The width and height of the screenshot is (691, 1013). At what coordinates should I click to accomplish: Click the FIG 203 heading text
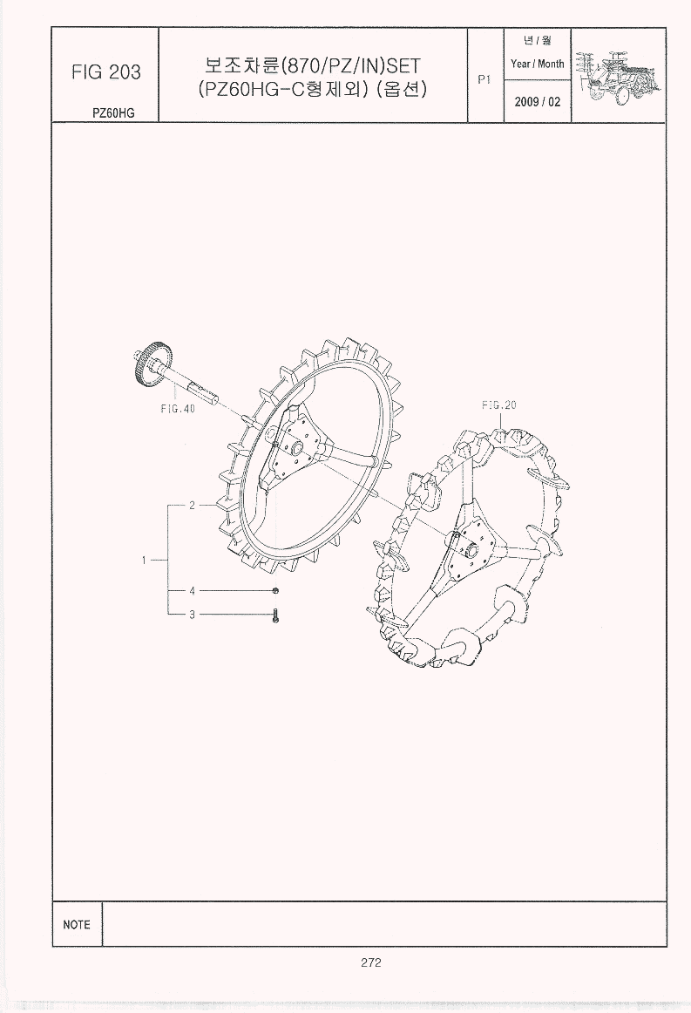click(106, 71)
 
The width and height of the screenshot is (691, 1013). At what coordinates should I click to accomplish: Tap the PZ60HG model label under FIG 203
click(113, 112)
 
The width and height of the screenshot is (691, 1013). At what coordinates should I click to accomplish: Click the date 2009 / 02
click(538, 102)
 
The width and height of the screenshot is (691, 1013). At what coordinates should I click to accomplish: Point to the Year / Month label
click(538, 64)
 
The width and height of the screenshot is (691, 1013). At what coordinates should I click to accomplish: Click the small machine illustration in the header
click(618, 75)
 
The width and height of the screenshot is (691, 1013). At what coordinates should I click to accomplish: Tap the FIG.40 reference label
click(178, 408)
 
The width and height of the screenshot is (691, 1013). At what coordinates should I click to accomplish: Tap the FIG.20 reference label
click(499, 405)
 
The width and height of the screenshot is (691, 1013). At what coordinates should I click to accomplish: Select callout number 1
click(144, 561)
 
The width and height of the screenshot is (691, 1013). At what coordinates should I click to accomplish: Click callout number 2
click(192, 506)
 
